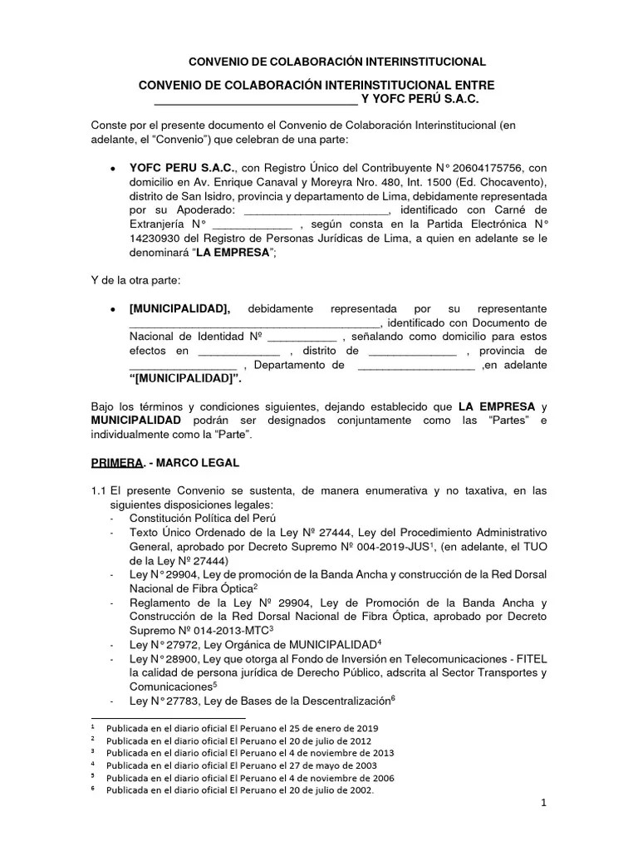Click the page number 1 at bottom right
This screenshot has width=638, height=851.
tap(542, 803)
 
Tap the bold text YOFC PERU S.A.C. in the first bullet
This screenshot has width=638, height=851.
tap(183, 167)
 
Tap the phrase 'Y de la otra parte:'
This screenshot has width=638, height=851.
tap(136, 281)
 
